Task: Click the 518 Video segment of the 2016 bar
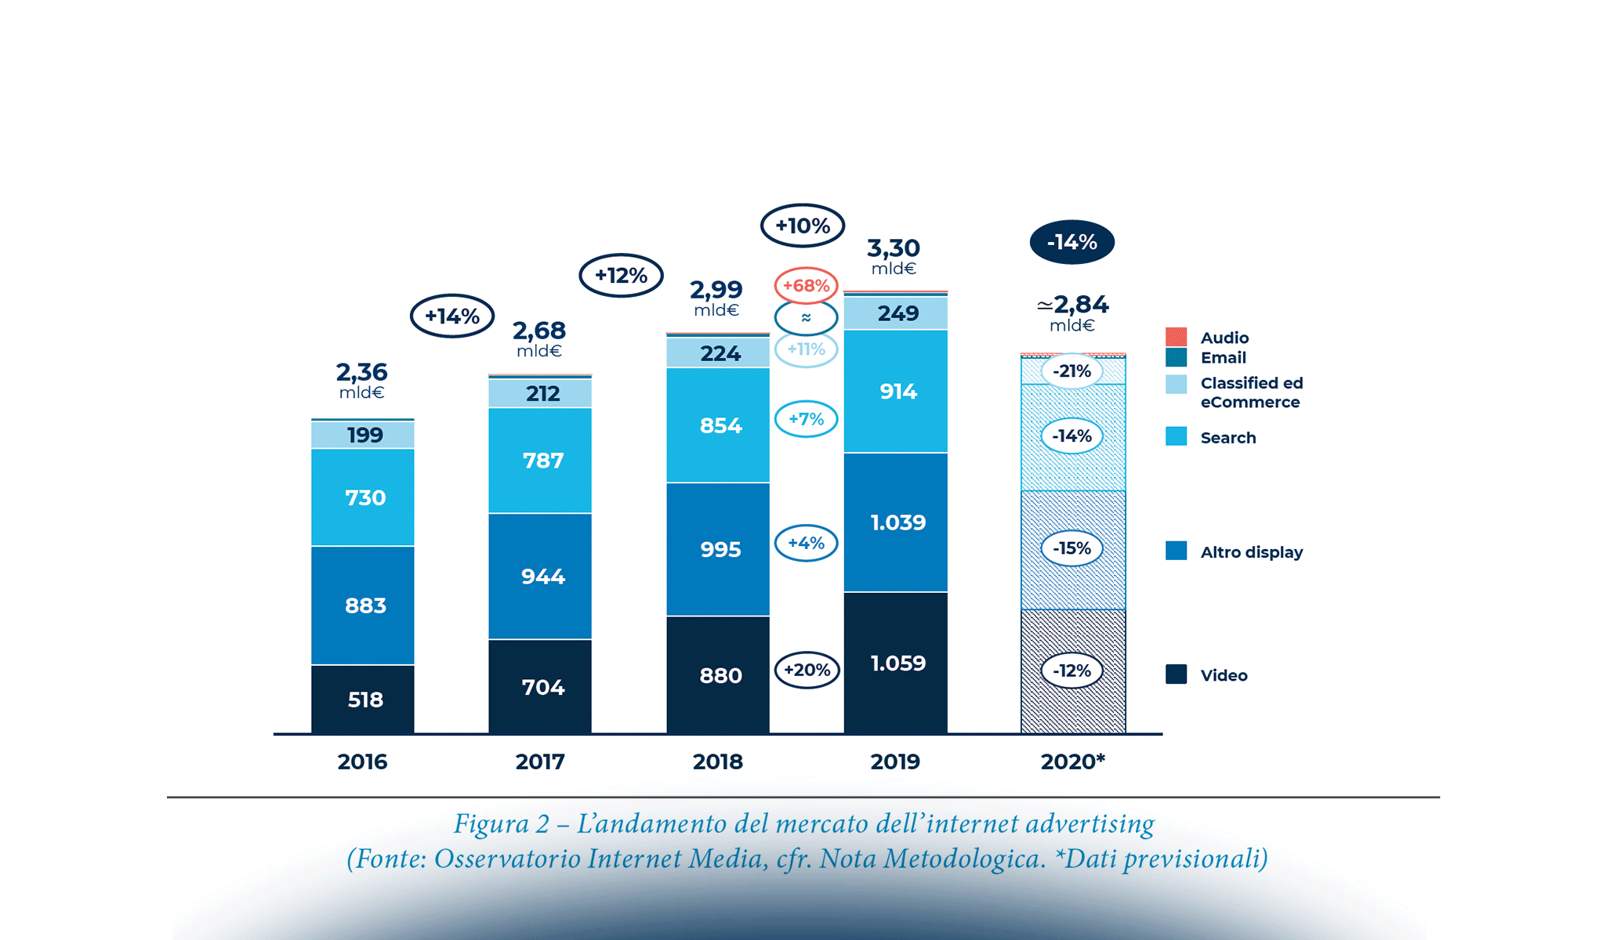pyautogui.click(x=363, y=700)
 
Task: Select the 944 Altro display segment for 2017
pyautogui.click(x=540, y=577)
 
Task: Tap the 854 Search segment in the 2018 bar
pyautogui.click(x=718, y=425)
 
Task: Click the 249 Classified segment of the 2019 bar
pyautogui.click(x=896, y=313)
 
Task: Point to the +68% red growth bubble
pyautogui.click(x=806, y=286)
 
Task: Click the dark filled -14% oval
pyautogui.click(x=1071, y=242)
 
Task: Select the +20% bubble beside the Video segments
pyautogui.click(x=807, y=670)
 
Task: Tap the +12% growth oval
pyautogui.click(x=621, y=275)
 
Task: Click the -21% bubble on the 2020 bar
pyautogui.click(x=1071, y=371)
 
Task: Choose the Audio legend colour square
pyautogui.click(x=1176, y=337)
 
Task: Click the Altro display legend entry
pyautogui.click(x=1251, y=552)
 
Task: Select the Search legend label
pyautogui.click(x=1227, y=438)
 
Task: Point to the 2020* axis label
pyautogui.click(x=1072, y=761)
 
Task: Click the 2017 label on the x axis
pyautogui.click(x=540, y=761)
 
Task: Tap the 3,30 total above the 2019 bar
pyautogui.click(x=893, y=248)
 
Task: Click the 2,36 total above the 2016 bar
pyautogui.click(x=361, y=371)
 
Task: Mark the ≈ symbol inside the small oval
pyautogui.click(x=806, y=318)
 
